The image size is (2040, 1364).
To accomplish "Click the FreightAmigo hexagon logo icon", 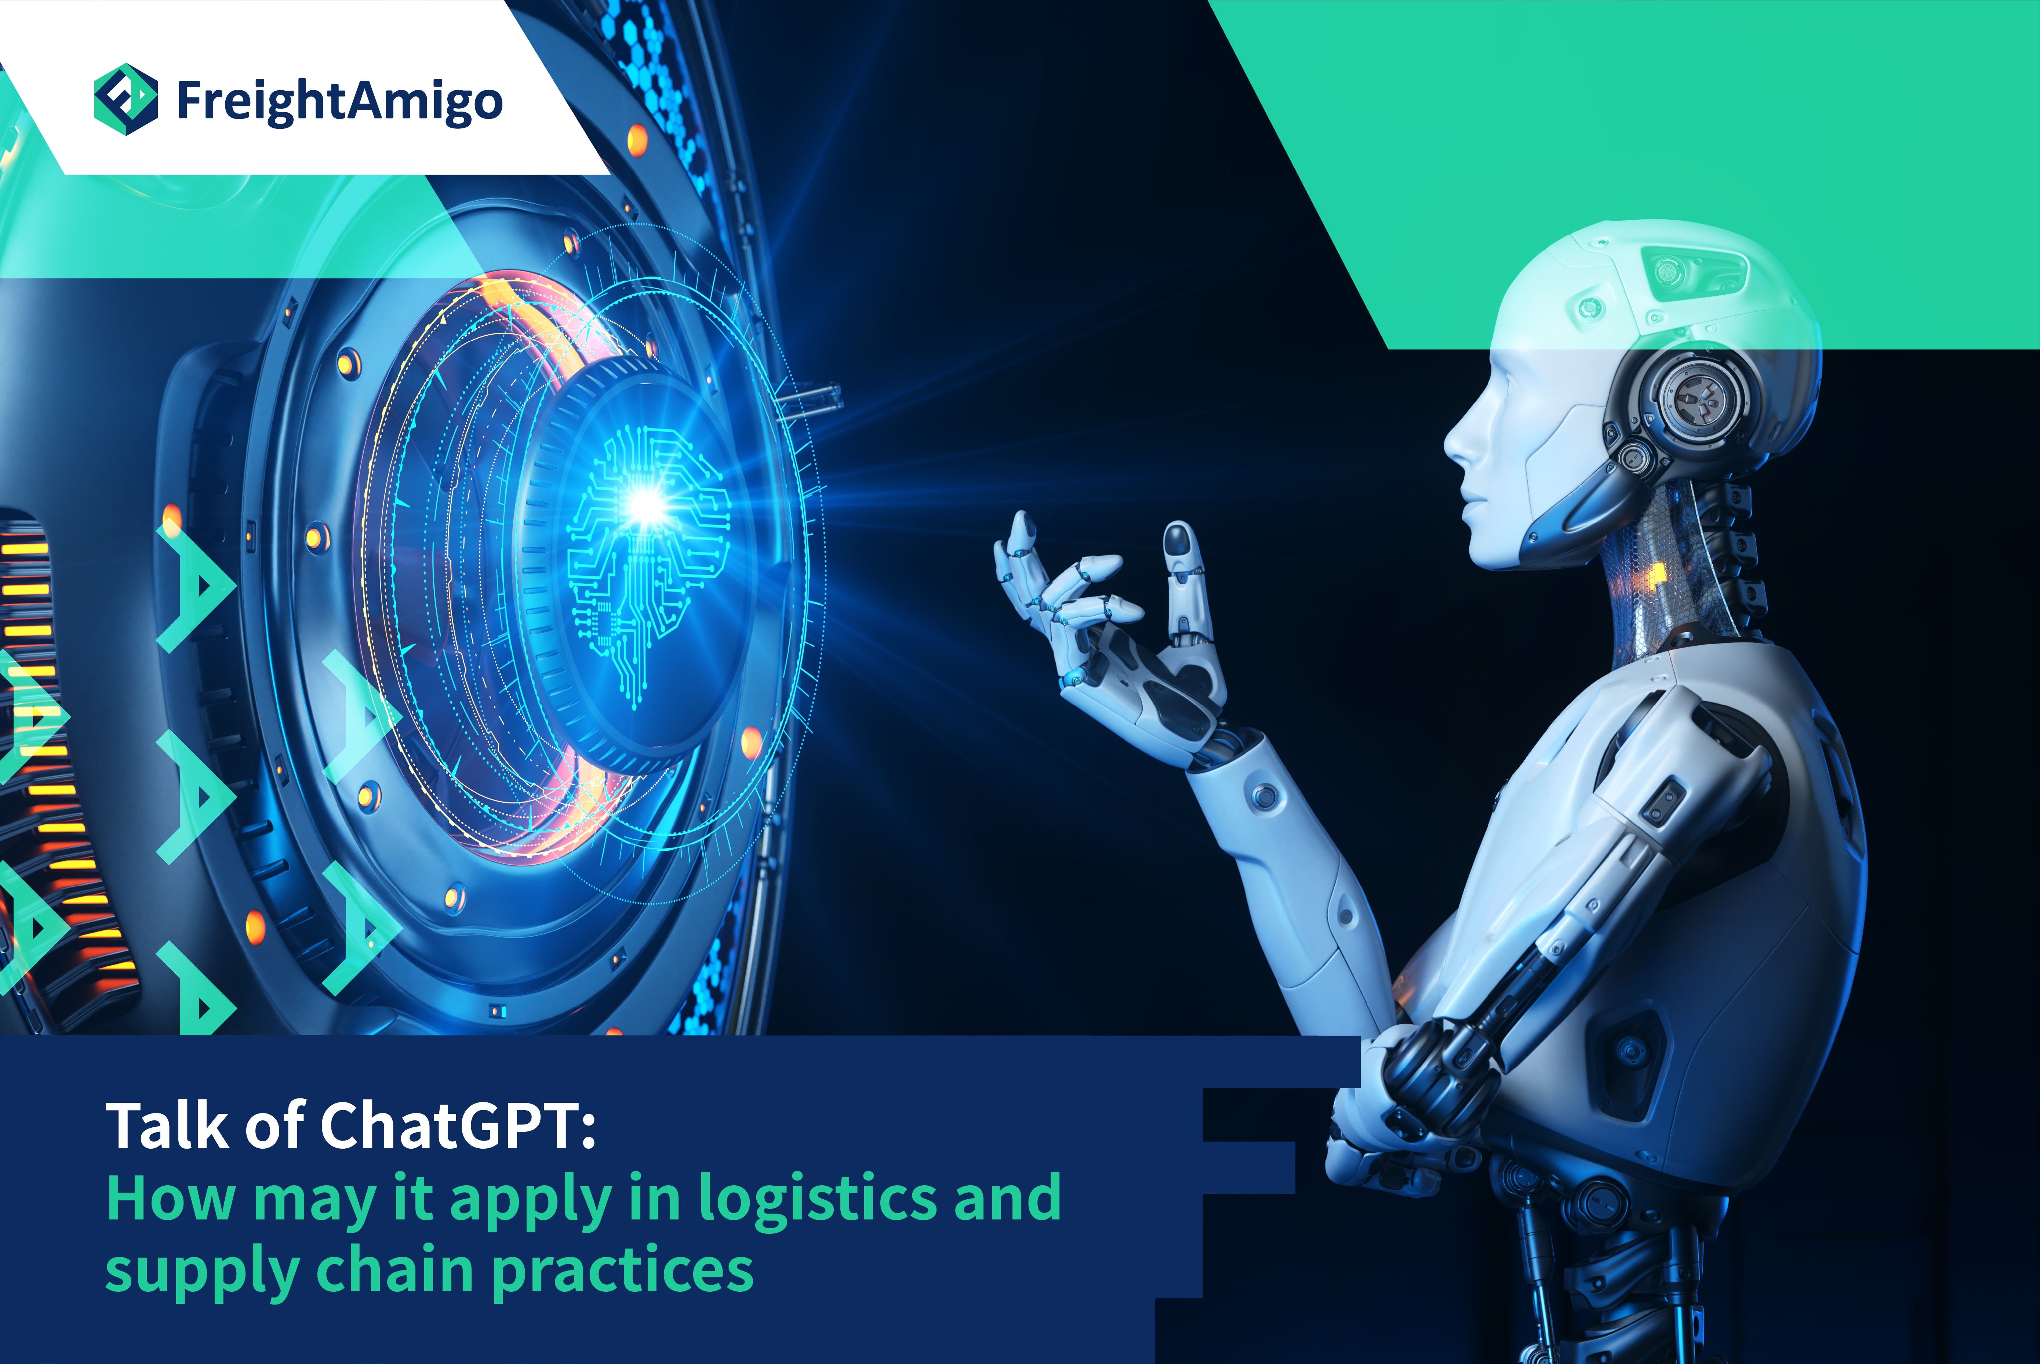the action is (126, 99).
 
